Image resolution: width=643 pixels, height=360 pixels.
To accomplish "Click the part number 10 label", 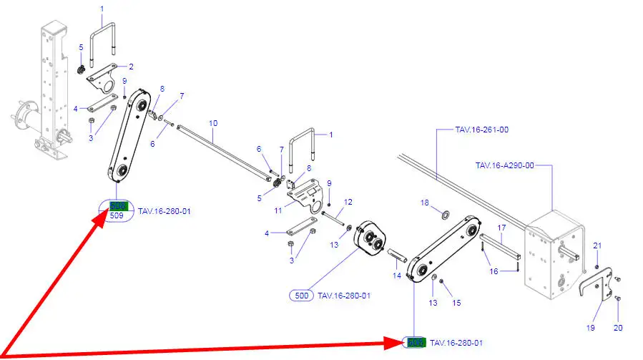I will (x=212, y=123).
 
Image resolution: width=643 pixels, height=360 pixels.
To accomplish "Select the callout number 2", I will (x=131, y=67).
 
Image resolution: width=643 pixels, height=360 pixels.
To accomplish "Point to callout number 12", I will (x=348, y=203).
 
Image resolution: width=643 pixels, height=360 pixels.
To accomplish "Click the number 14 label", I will (x=396, y=275).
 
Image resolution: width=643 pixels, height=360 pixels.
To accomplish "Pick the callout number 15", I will (x=456, y=303).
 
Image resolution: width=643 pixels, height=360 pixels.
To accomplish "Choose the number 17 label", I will (x=501, y=228).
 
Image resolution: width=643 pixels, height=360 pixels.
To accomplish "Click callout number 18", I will (x=424, y=203).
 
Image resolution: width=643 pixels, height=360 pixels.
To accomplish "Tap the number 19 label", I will (x=590, y=328).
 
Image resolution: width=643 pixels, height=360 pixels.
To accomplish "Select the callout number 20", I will (x=619, y=328).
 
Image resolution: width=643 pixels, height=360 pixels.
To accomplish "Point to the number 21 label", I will (x=597, y=247).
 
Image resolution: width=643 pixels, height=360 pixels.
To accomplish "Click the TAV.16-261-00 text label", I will (x=481, y=130).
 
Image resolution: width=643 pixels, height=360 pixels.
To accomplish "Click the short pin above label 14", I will (x=398, y=254).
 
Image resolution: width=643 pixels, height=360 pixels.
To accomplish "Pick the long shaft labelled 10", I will (x=222, y=150).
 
